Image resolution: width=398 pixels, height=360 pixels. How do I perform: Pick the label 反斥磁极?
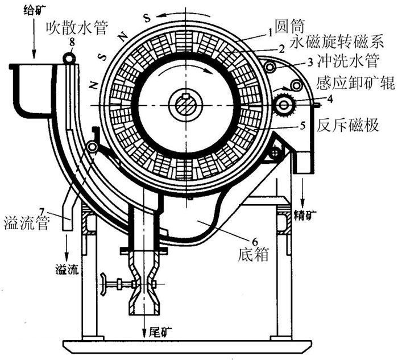click(340, 125)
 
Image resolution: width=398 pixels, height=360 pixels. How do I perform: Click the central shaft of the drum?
click(186, 103)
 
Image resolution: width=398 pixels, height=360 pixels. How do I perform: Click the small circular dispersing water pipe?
click(69, 57)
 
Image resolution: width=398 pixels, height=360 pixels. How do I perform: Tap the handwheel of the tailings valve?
click(105, 283)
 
